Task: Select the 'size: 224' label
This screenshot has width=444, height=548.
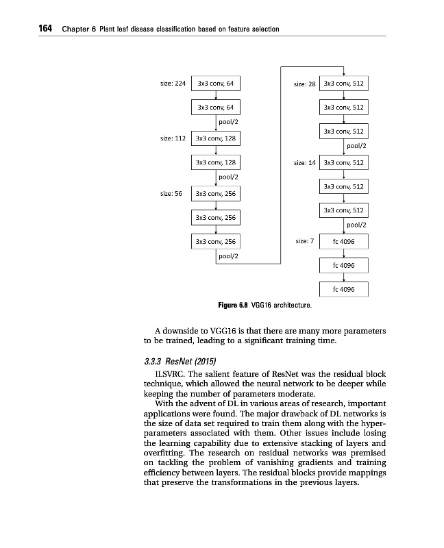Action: click(x=173, y=84)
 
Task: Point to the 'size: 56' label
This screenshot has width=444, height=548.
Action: click(x=170, y=193)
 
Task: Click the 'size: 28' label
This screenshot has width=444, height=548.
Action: click(x=304, y=84)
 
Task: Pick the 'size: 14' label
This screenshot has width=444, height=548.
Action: click(x=304, y=163)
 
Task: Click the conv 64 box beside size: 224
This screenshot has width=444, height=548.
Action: click(x=215, y=84)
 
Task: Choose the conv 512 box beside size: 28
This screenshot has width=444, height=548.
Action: click(x=343, y=84)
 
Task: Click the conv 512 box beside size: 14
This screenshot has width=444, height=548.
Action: click(x=343, y=163)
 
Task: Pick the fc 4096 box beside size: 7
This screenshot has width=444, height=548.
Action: click(x=343, y=241)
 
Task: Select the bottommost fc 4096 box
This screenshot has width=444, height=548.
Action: click(x=343, y=289)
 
